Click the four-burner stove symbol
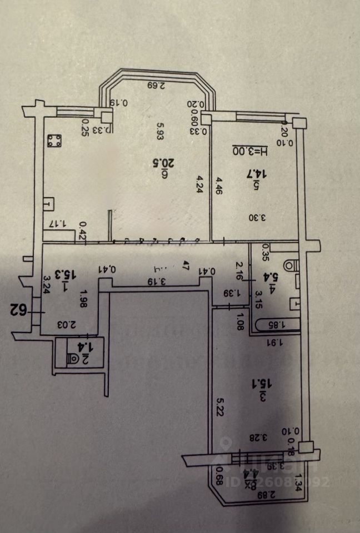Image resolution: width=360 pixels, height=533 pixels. pos(54,142)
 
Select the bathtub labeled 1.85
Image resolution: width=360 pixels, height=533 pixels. pos(276,325)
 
